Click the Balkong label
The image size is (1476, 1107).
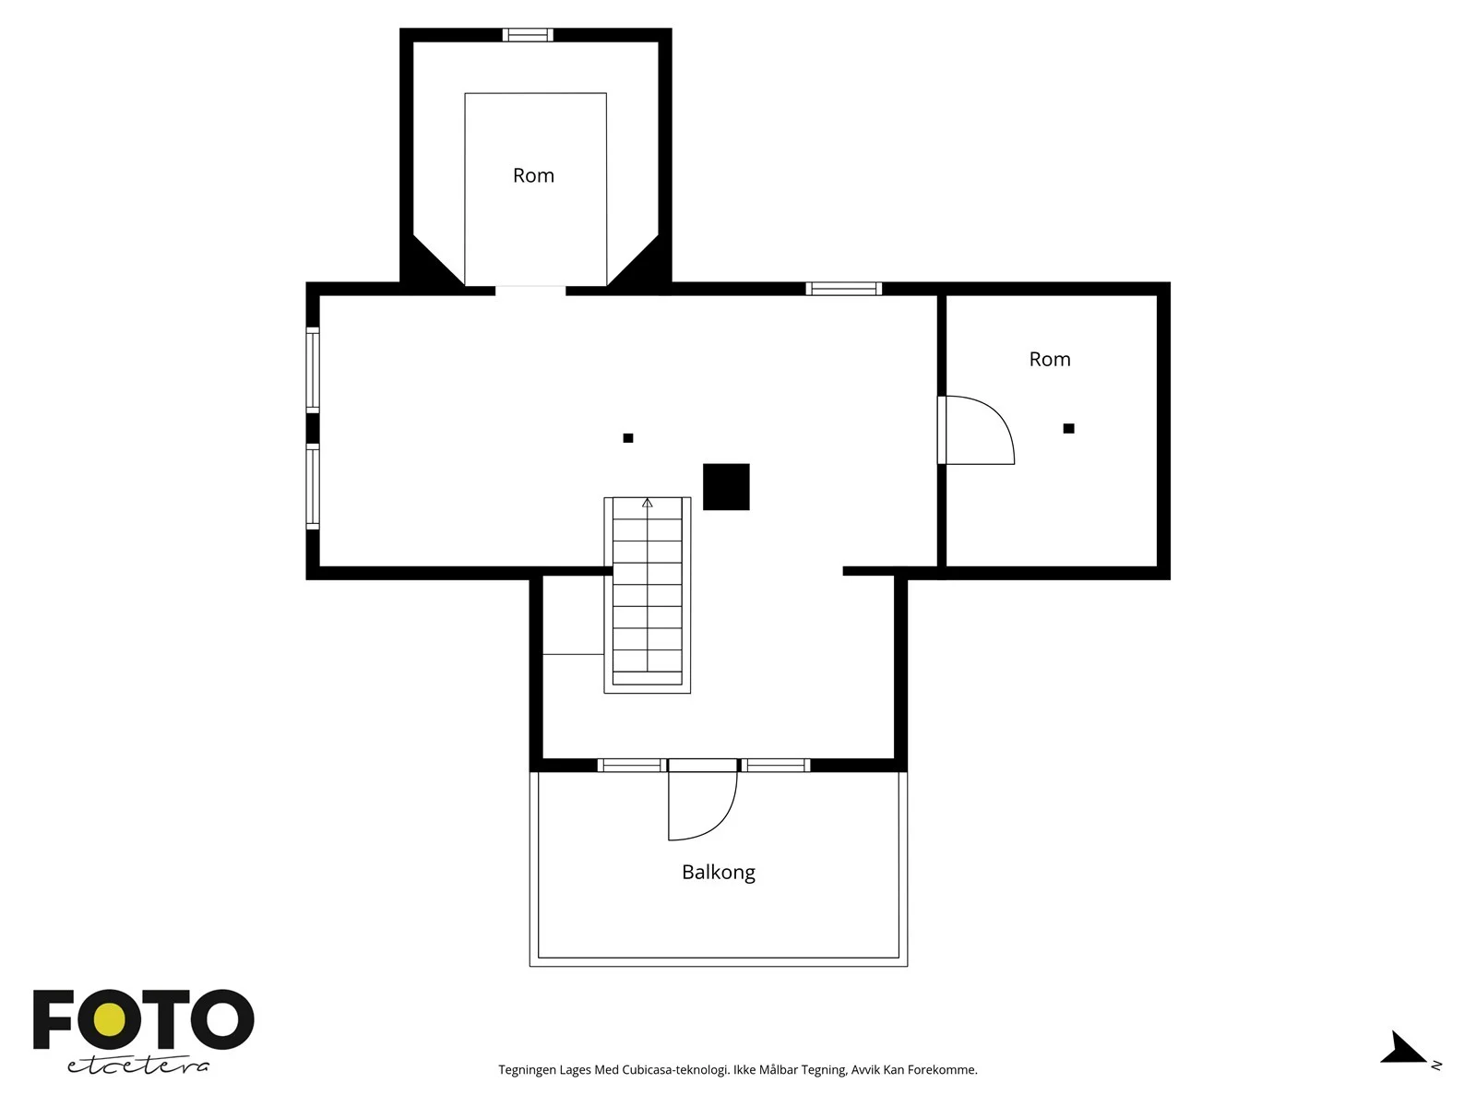point(718,872)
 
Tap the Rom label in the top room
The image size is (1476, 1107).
point(533,175)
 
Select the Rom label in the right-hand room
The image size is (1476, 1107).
point(1050,359)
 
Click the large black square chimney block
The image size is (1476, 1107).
point(726,487)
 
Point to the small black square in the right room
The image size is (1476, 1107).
point(1068,428)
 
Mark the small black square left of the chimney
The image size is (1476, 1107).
point(628,438)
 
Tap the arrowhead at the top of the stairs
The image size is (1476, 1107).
point(647,503)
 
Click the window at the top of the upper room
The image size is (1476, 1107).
point(528,35)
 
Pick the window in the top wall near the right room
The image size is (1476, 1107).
point(844,289)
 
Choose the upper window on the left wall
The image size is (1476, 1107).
point(313,370)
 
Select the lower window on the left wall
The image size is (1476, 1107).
point(313,487)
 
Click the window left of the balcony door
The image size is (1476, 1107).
point(631,765)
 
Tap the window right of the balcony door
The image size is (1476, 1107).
point(775,765)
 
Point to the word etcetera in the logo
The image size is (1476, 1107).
point(138,1065)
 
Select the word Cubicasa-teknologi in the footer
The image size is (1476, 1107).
point(675,1070)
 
